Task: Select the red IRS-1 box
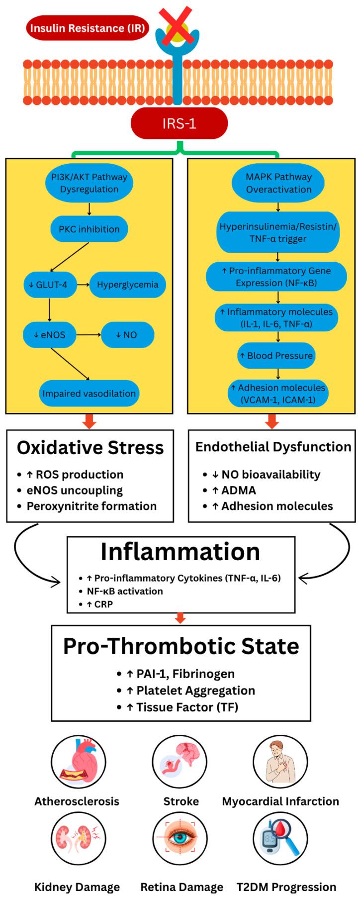click(x=179, y=123)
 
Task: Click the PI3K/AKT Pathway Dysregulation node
click(x=89, y=183)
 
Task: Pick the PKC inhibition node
click(x=89, y=229)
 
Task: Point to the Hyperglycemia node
click(x=127, y=285)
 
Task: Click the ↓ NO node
click(x=127, y=335)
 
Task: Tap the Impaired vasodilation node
click(x=89, y=394)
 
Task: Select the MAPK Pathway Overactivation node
click(x=278, y=183)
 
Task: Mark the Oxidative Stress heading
click(x=90, y=448)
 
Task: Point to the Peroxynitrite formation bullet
click(x=91, y=506)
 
